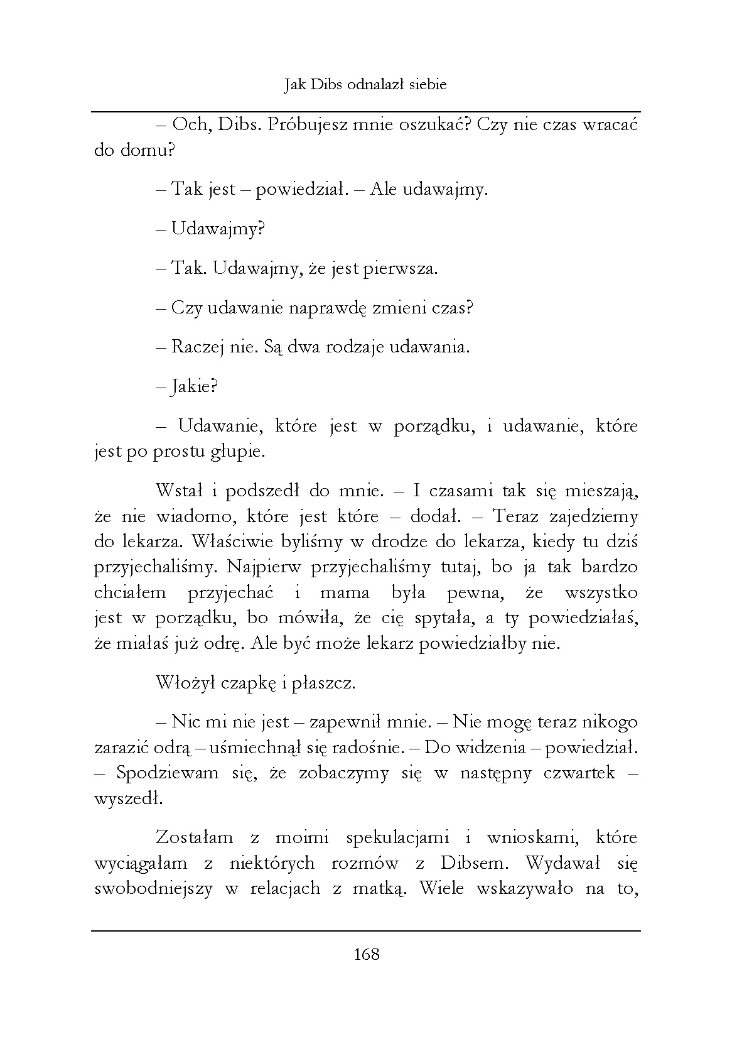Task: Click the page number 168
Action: point(367,954)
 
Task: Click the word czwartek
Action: point(576,773)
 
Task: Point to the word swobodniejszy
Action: point(151,889)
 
